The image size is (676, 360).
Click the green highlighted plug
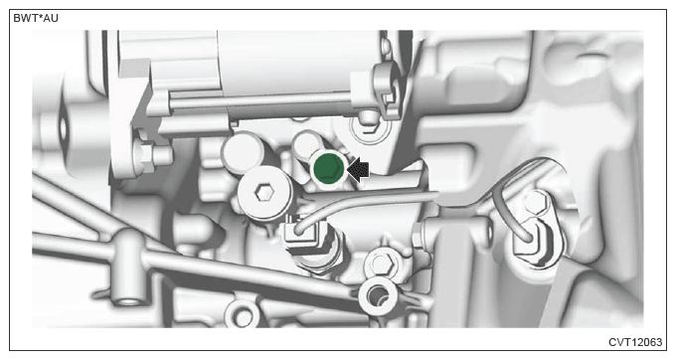point(328,170)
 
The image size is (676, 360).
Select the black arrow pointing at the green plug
point(358,169)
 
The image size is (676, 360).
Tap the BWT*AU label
point(36,18)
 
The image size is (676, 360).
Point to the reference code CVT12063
point(635,342)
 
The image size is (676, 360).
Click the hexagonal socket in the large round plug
point(263,193)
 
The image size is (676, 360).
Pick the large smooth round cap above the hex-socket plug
point(244,151)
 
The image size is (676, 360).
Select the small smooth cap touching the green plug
point(306,143)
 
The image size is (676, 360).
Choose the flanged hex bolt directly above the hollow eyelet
point(382,263)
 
